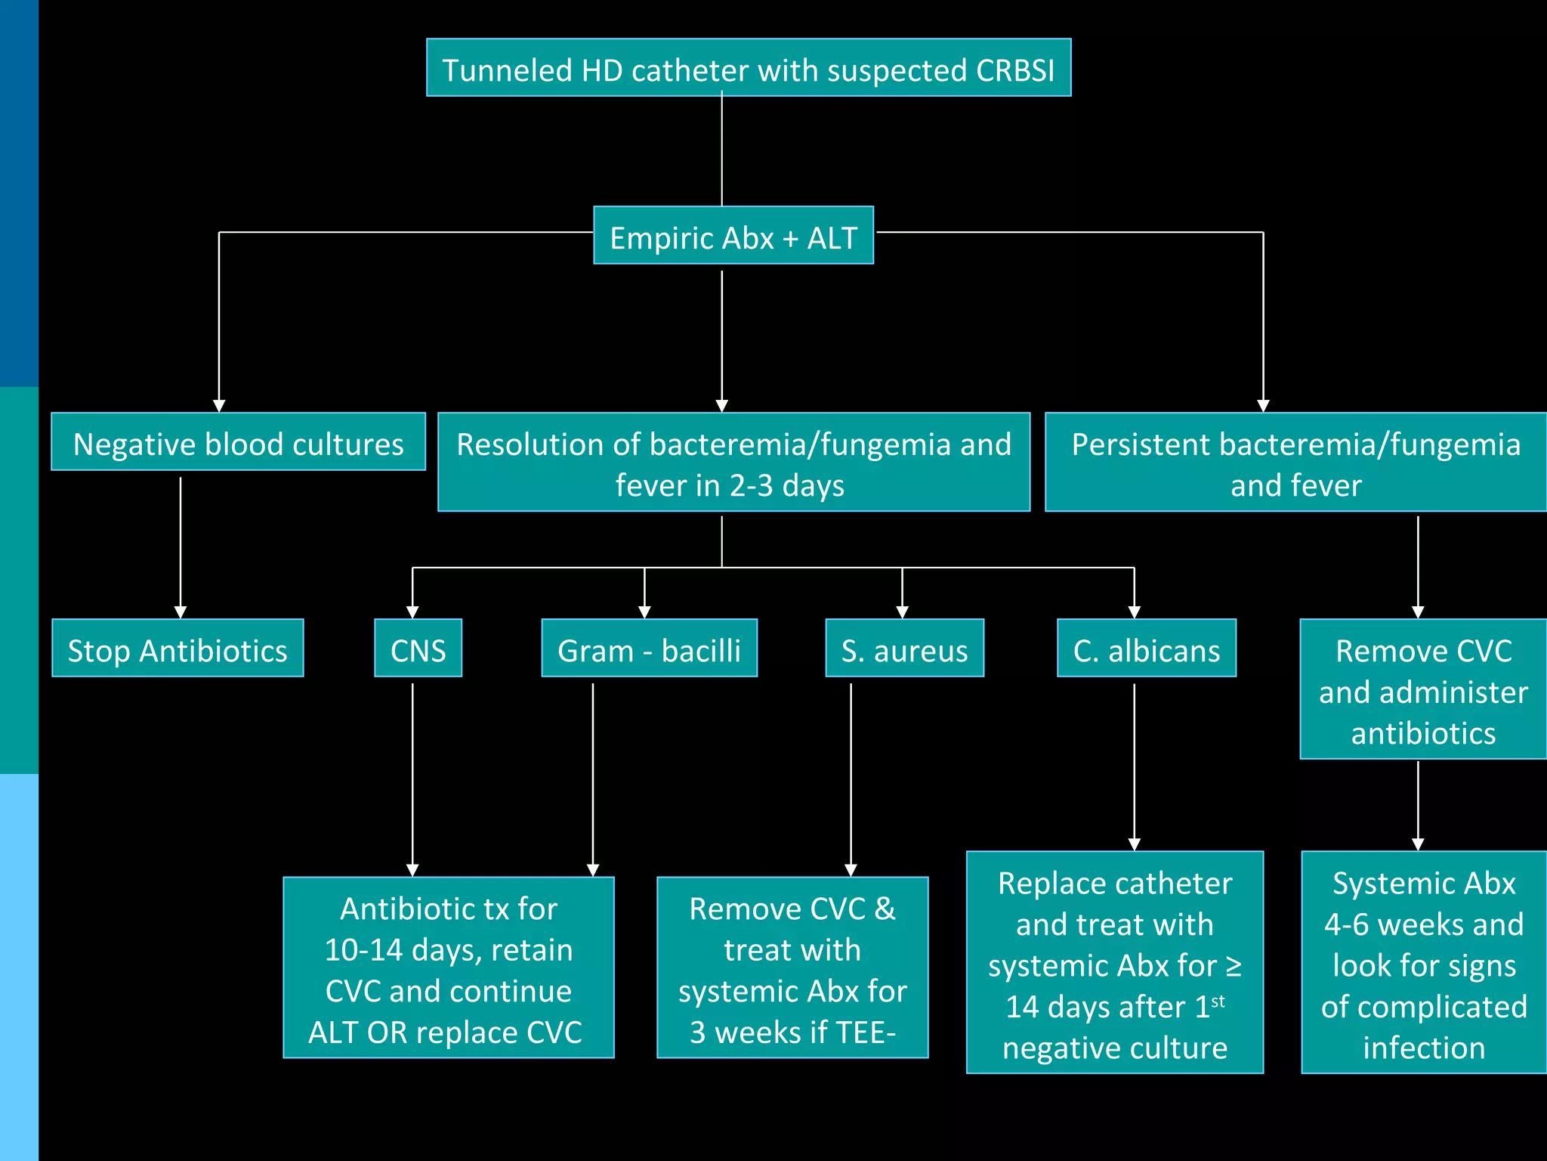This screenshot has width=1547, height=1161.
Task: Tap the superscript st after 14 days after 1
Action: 1218,1002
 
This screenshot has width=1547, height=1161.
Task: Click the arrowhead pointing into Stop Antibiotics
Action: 181,612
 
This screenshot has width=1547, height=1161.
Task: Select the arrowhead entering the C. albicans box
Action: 1134,612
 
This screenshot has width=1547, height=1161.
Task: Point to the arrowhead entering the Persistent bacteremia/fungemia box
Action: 1263,406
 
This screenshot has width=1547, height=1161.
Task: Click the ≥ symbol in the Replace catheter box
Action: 1233,966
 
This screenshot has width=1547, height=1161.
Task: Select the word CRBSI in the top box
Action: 1014,70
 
